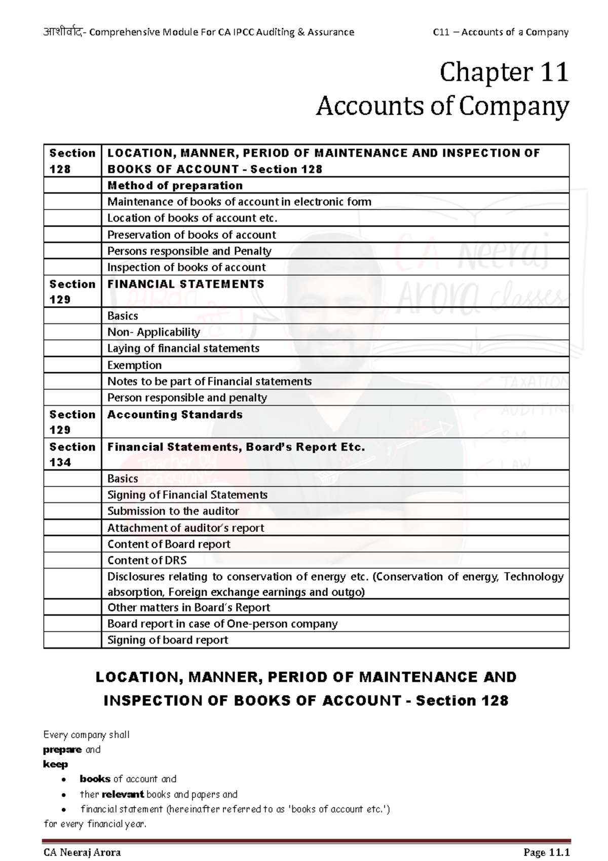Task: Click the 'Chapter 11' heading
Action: click(504, 73)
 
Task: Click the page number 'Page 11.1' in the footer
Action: click(547, 852)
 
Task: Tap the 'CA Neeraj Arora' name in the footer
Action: click(82, 852)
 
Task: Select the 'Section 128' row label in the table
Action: click(72, 161)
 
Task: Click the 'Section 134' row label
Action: click(72, 454)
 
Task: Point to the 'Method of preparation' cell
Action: click(175, 186)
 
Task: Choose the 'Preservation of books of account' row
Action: click(192, 235)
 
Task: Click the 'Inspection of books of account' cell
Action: click(186, 267)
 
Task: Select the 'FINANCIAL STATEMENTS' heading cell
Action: click(185, 284)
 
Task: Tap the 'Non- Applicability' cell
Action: click(154, 332)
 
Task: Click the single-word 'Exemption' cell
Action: click(134, 365)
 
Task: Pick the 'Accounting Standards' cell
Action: click(175, 415)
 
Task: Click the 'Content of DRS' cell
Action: click(147, 560)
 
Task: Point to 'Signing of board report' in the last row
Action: click(168, 640)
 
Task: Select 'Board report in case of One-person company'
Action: click(222, 624)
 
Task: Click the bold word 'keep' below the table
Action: click(55, 764)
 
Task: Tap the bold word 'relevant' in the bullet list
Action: click(123, 794)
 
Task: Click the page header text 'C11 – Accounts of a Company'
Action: click(501, 32)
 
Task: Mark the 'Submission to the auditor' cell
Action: click(173, 511)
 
